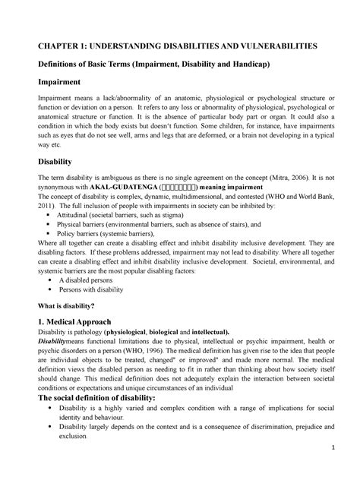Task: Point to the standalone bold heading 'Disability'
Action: coord(49,161)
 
